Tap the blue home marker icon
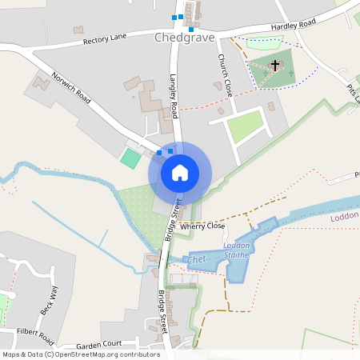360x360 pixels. click(180, 173)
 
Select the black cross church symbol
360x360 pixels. click(275, 65)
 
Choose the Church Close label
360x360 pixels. click(224, 75)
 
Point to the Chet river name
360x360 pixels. click(197, 260)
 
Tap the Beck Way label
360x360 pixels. click(45, 298)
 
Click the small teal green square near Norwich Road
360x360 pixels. click(130, 158)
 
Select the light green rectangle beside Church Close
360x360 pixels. click(245, 126)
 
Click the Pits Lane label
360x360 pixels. click(353, 95)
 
